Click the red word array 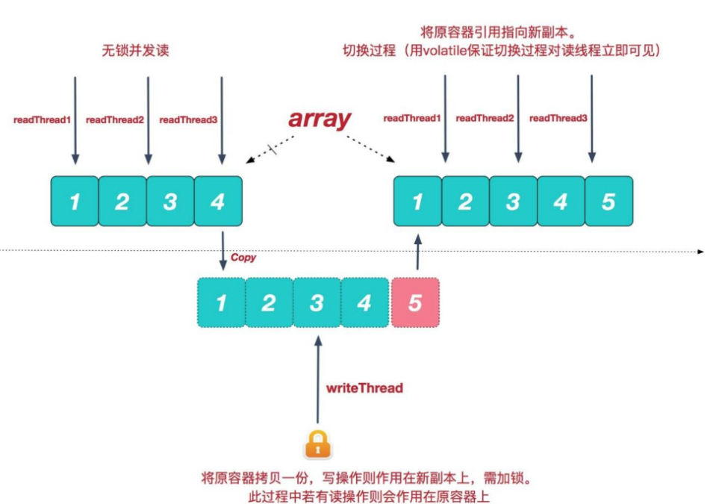pyautogui.click(x=320, y=119)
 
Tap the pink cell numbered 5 pyautogui.click(x=415, y=302)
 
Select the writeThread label pyautogui.click(x=364, y=388)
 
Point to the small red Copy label pyautogui.click(x=243, y=257)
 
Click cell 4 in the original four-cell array pyautogui.click(x=218, y=202)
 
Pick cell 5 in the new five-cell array pyautogui.click(x=608, y=202)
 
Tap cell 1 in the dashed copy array pyautogui.click(x=220, y=302)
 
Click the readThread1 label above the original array pyautogui.click(x=42, y=119)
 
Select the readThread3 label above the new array pyautogui.click(x=558, y=118)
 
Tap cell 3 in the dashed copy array pyautogui.click(x=317, y=302)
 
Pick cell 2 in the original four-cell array pyautogui.click(x=122, y=202)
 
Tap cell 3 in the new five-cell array pyautogui.click(x=513, y=202)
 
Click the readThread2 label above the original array pyautogui.click(x=115, y=119)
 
